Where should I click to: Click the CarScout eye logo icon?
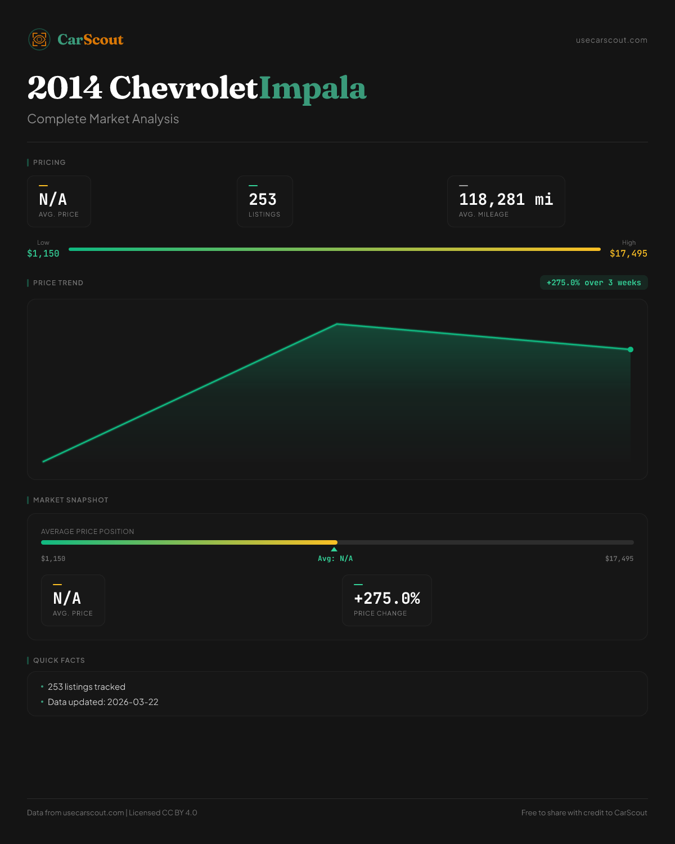[39, 39]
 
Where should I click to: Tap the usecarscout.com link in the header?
[611, 40]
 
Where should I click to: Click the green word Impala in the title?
[313, 88]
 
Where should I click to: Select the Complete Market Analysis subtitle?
[103, 119]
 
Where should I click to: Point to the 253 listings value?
[263, 200]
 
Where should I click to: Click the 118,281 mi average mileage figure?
[506, 200]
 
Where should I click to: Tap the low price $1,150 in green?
[43, 254]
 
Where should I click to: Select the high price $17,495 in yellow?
[628, 254]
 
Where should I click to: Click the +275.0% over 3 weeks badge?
[593, 282]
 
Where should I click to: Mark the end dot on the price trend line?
[631, 349]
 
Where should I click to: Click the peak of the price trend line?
[337, 324]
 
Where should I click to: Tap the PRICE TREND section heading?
[58, 283]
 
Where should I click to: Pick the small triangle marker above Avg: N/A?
[334, 549]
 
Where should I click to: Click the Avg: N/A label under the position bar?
[335, 559]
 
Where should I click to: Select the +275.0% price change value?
[387, 599]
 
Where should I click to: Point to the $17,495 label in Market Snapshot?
[619, 559]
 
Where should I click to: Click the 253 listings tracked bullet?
[87, 687]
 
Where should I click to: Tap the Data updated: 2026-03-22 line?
[103, 702]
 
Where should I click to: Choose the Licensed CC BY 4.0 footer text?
[163, 812]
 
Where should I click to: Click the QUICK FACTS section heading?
[59, 661]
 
